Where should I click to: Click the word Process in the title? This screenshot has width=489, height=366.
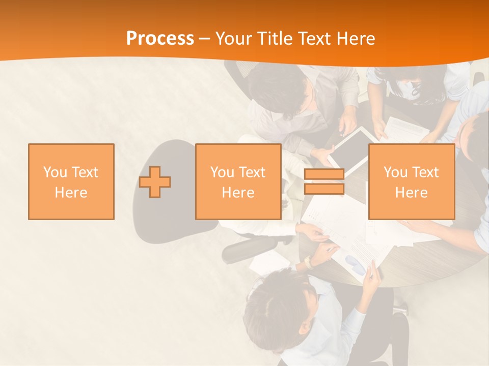tap(160, 38)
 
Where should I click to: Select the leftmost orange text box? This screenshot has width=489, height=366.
tap(71, 181)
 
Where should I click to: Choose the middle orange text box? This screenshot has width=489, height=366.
tap(238, 181)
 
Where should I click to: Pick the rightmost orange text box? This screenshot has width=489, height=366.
tap(411, 181)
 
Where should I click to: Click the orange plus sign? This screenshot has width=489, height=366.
tap(155, 181)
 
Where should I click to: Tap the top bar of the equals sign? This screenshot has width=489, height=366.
tap(324, 174)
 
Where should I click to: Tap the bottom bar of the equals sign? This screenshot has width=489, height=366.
tap(324, 189)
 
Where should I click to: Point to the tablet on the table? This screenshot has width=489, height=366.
tap(351, 147)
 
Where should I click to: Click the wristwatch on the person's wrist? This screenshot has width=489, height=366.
tap(308, 262)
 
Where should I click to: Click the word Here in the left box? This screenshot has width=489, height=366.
tap(71, 193)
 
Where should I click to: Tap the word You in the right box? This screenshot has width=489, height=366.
tap(395, 172)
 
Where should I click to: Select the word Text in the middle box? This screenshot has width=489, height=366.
tap(252, 172)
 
